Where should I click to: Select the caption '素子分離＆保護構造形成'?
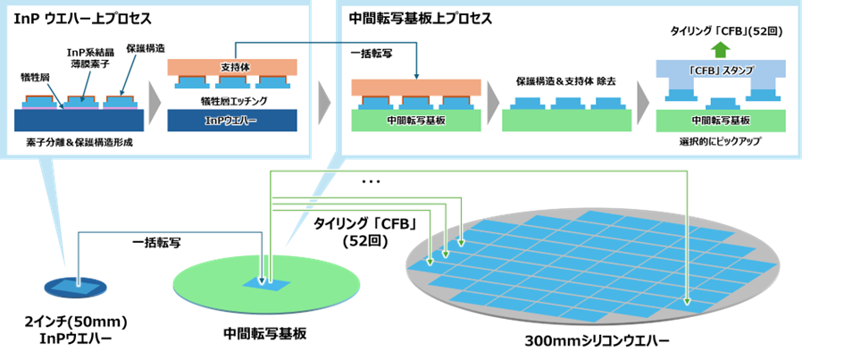point(79,143)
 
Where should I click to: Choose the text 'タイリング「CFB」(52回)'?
point(726,31)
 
